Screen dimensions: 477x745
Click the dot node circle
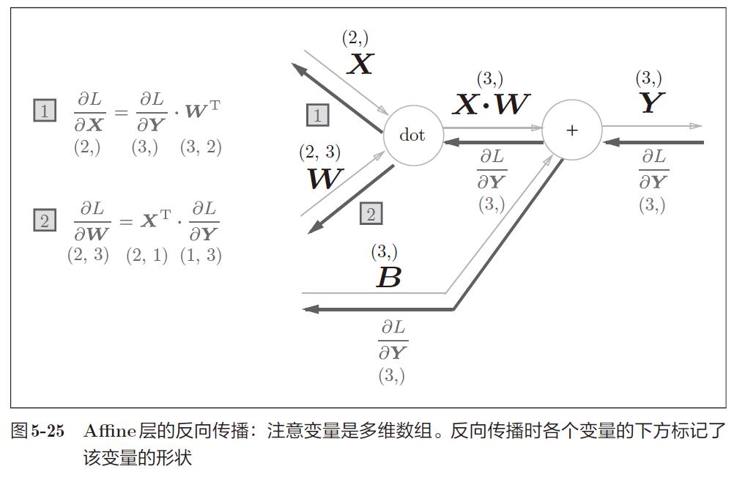pos(412,136)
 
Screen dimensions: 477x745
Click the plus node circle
pos(571,130)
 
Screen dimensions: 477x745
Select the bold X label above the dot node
pos(359,64)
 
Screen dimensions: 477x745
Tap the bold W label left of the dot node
pos(323,178)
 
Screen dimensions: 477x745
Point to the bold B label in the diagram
pos(388,278)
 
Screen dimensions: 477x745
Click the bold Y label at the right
pos(651,103)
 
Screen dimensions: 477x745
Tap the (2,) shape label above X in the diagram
pos(355,38)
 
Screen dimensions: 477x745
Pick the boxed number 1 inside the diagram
pos(317,115)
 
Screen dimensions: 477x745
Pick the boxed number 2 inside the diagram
pos(371,214)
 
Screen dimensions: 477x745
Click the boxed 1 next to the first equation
pos(45,111)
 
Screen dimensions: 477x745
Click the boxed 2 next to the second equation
pos(45,220)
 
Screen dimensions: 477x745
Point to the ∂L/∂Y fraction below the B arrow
pos(393,340)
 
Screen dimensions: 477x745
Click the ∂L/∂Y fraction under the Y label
pos(653,169)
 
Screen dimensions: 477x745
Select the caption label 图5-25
pos(37,431)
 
